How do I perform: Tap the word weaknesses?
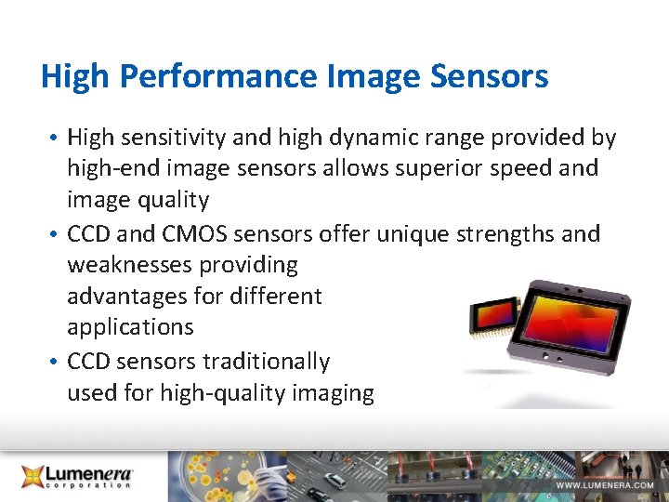131,265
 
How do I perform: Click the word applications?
130,328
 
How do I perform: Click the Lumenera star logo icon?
34,476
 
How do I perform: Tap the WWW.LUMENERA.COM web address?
605,485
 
